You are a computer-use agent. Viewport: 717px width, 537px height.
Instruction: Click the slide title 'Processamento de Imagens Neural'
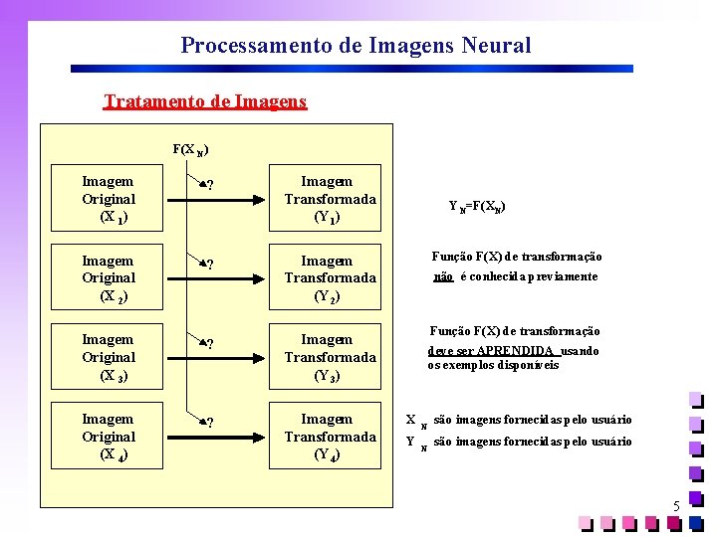pyautogui.click(x=356, y=46)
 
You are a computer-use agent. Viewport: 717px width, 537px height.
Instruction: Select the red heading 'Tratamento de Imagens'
pyautogui.click(x=205, y=101)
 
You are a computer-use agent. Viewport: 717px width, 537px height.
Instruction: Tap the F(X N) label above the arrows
pyautogui.click(x=189, y=150)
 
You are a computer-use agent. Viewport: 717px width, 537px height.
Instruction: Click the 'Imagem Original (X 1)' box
pyautogui.click(x=109, y=199)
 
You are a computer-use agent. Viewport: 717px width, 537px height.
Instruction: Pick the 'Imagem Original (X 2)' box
pyautogui.click(x=109, y=278)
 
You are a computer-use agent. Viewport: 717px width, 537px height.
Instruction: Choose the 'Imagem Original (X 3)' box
pyautogui.click(x=109, y=357)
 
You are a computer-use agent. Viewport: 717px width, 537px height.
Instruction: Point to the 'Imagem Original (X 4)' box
pyautogui.click(x=109, y=437)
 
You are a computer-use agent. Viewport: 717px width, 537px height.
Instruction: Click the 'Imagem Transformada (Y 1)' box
pyautogui.click(x=330, y=199)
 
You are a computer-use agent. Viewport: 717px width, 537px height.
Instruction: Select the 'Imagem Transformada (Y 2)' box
pyautogui.click(x=330, y=278)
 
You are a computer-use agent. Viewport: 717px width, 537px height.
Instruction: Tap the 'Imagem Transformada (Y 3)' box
pyautogui.click(x=330, y=357)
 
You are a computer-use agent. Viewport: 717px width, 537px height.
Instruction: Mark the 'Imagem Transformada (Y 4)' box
pyautogui.click(x=330, y=437)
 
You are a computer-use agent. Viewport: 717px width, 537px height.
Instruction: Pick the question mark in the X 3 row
pyautogui.click(x=210, y=344)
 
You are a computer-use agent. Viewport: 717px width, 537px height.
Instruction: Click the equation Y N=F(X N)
pyautogui.click(x=477, y=207)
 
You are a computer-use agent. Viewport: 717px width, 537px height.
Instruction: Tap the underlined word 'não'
pyautogui.click(x=444, y=276)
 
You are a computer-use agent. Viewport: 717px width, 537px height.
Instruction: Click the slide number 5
pyautogui.click(x=676, y=507)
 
